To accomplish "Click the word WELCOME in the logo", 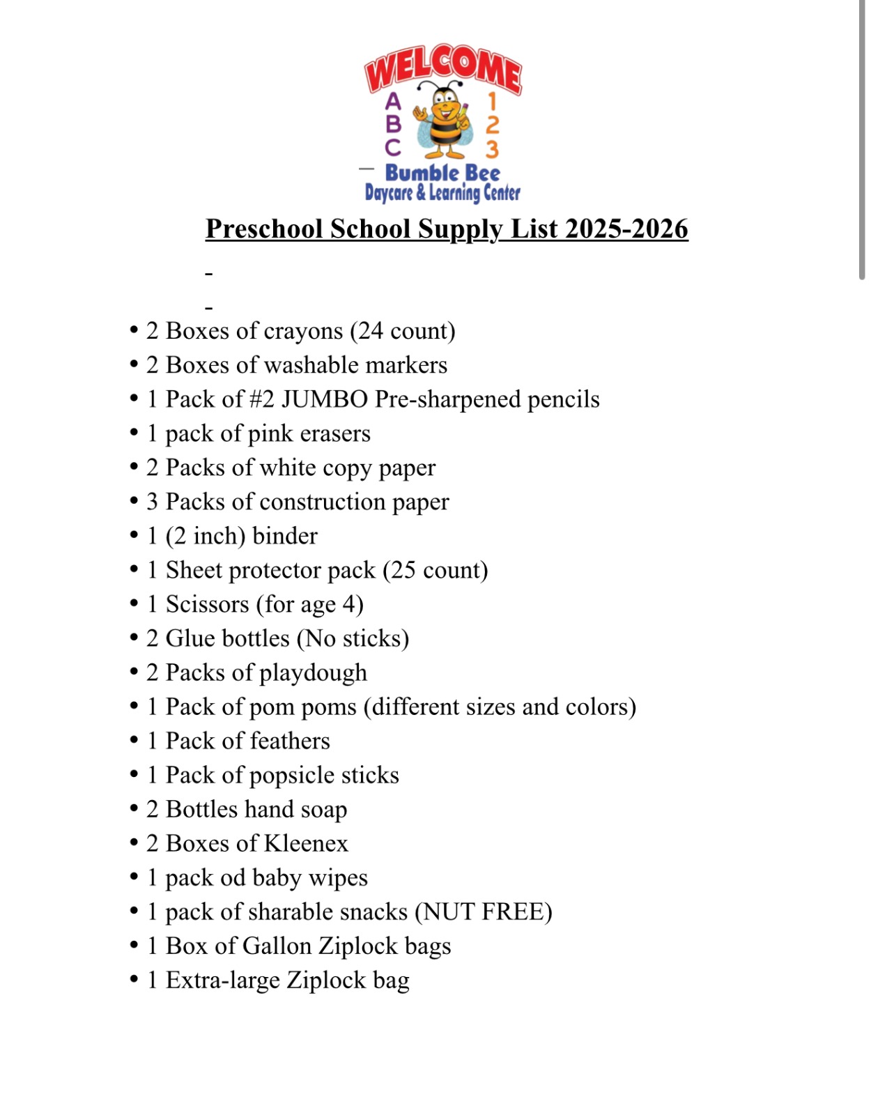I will point(443,68).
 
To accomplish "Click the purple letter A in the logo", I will point(394,102).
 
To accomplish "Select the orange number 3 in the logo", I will point(492,148).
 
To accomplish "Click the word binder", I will point(285,536).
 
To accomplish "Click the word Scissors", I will point(207,604).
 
